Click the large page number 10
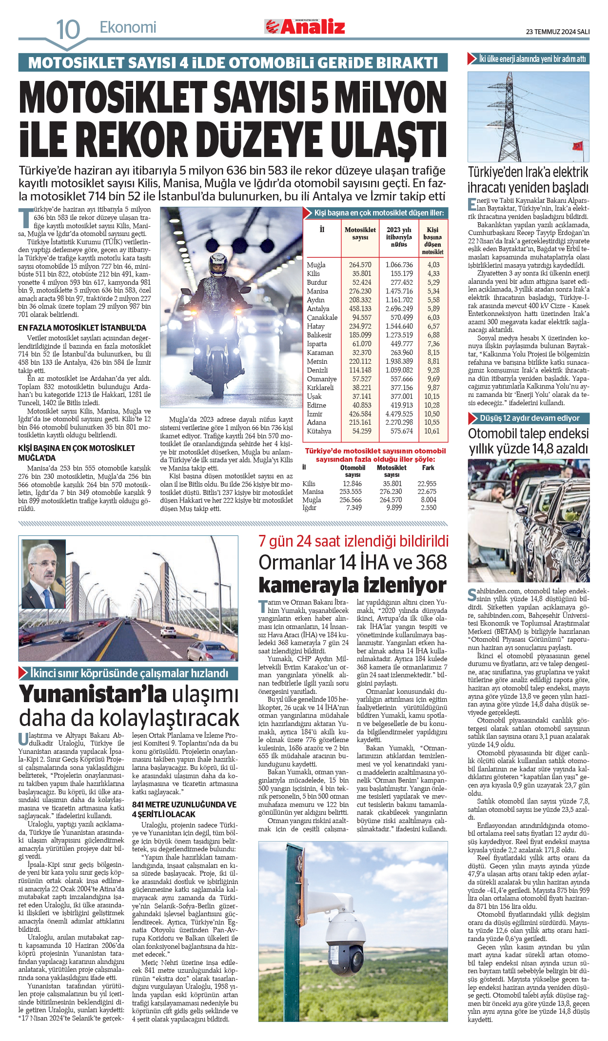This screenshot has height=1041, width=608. [x=68, y=30]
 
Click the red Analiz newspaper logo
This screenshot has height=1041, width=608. [x=306, y=27]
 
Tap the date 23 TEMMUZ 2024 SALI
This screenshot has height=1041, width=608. [x=557, y=32]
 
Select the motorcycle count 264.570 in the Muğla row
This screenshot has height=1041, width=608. [x=360, y=265]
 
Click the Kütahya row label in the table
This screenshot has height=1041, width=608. [x=319, y=431]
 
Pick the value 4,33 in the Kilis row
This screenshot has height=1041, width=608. [x=433, y=274]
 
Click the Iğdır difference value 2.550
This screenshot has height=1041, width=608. [x=429, y=508]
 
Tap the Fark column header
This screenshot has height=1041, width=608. [x=428, y=468]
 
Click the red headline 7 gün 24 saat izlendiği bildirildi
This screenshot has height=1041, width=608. [x=353, y=541]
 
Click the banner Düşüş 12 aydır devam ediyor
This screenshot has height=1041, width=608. [x=529, y=418]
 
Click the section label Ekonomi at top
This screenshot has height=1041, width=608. [x=128, y=27]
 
